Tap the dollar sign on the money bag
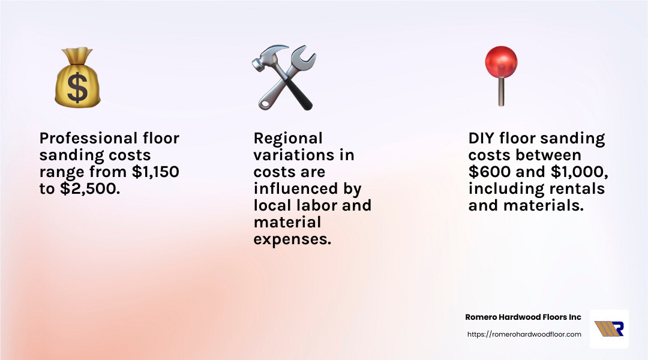(x=77, y=88)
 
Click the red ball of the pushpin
(x=501, y=62)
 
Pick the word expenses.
(x=292, y=239)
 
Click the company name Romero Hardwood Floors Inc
(x=523, y=317)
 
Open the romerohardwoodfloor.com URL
(x=524, y=334)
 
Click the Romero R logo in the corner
(x=609, y=329)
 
